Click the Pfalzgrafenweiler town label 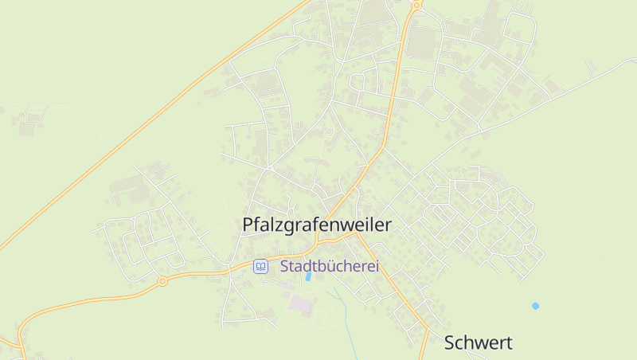pyautogui.click(x=317, y=225)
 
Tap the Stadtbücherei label pyautogui.click(x=329, y=267)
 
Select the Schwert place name pyautogui.click(x=478, y=343)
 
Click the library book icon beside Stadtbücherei pyautogui.click(x=260, y=267)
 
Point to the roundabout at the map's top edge pyautogui.click(x=416, y=4)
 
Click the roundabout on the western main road pyautogui.click(x=162, y=280)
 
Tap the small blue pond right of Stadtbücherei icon pyautogui.click(x=307, y=277)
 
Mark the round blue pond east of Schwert pyautogui.click(x=535, y=306)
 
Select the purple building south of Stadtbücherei pyautogui.click(x=301, y=304)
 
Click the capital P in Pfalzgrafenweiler pyautogui.click(x=248, y=225)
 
